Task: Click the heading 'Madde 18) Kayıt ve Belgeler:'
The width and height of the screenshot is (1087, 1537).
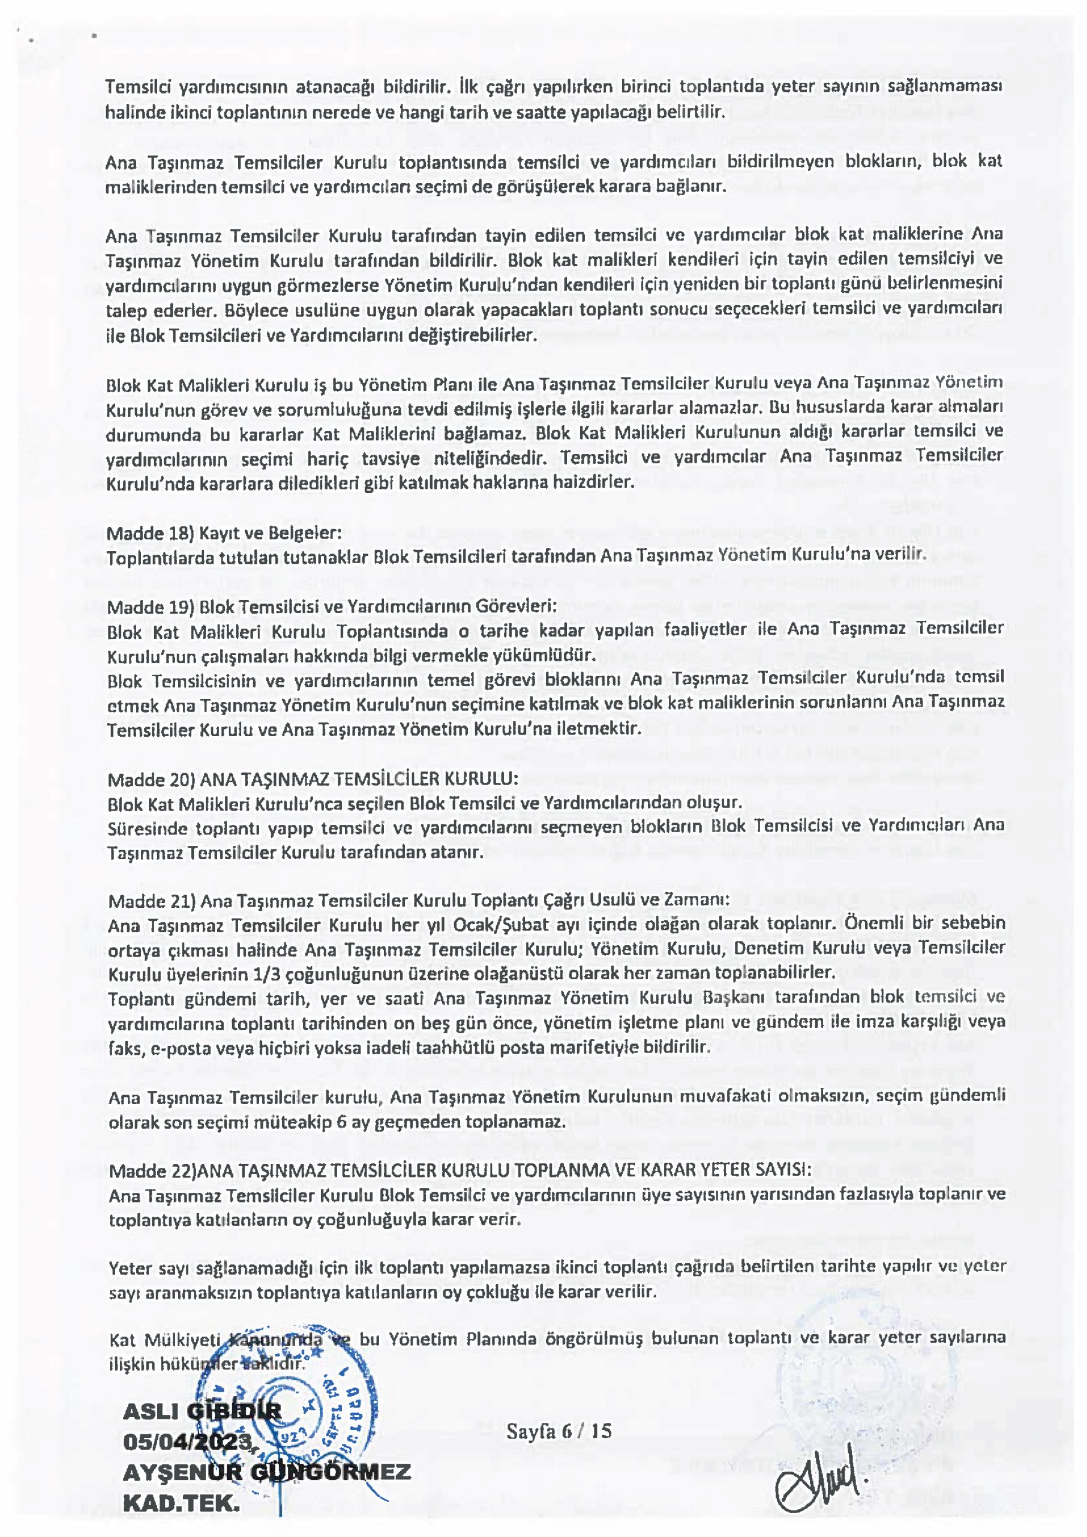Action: [x=224, y=533]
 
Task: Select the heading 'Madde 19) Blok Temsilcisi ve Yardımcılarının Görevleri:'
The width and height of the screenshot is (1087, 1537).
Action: [x=331, y=607]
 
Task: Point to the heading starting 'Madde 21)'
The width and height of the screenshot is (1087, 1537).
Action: [x=419, y=900]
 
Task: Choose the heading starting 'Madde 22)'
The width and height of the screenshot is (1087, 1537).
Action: [x=460, y=1170]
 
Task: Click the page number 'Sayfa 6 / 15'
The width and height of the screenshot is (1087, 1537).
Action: [x=559, y=1431]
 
